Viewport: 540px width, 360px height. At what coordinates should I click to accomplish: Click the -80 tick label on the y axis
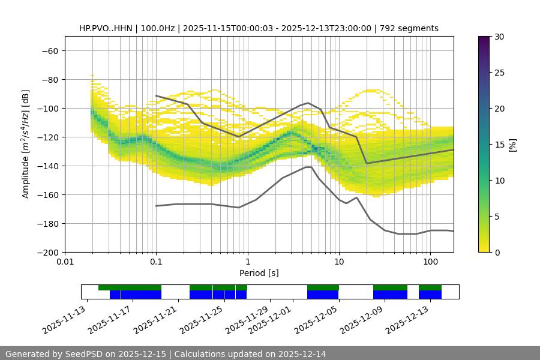[x=49, y=79]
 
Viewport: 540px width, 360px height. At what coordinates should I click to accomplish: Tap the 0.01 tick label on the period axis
[x=65, y=262]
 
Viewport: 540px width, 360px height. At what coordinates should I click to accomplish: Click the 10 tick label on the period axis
[x=339, y=262]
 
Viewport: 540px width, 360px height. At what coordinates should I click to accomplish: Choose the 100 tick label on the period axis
[x=430, y=262]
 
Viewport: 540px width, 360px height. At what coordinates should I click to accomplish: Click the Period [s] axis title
[x=259, y=273]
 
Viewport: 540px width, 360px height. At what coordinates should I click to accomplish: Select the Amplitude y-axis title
[x=26, y=144]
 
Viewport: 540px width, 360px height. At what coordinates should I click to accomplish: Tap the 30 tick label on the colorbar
[x=499, y=37]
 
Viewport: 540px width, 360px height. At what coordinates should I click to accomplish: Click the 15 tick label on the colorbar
[x=499, y=145]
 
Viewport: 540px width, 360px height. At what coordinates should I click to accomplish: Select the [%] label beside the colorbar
[x=512, y=145]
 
